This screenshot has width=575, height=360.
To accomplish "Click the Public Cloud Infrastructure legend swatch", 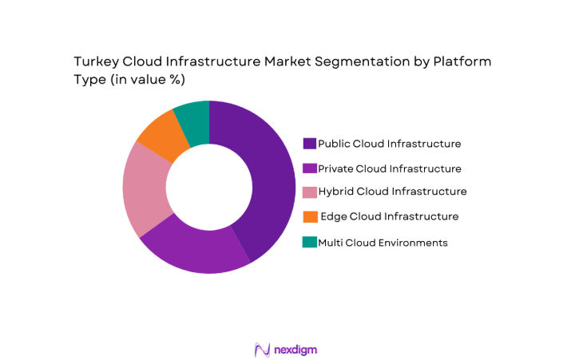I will (x=309, y=144).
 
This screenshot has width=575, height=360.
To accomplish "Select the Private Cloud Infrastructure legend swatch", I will (x=309, y=168).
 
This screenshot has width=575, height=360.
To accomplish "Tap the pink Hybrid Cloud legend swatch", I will (x=309, y=192).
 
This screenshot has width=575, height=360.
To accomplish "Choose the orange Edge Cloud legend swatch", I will (x=309, y=216).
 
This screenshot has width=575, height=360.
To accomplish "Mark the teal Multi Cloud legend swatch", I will (x=309, y=242).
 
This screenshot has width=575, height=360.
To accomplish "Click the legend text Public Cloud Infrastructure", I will (x=389, y=144).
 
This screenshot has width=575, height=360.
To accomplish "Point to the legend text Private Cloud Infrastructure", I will (x=389, y=168).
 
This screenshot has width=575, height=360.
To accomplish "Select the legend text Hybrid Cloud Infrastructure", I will (x=392, y=192).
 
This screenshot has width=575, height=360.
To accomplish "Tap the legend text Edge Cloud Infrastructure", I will (x=389, y=216).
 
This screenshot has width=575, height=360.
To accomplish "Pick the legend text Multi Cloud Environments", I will (x=383, y=242).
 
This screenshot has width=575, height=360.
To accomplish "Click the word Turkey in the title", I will (x=95, y=61).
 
